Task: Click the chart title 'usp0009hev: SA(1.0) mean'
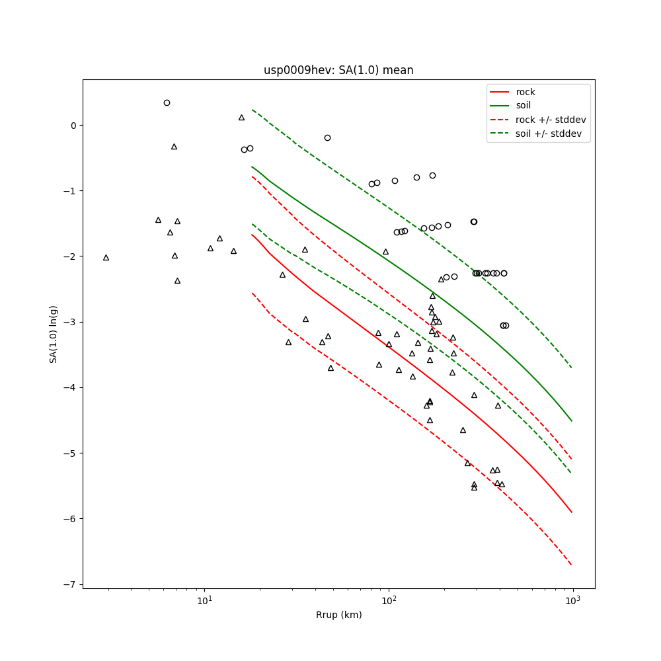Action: pos(338,70)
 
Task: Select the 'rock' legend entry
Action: pos(525,92)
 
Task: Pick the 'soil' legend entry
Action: pos(524,106)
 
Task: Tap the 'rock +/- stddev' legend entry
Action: pos(551,120)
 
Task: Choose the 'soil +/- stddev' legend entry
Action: pos(551,134)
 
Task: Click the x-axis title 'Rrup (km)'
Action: pos(338,615)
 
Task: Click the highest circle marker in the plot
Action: pos(167,102)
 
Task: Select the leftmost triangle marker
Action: pos(106,258)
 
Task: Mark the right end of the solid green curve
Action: pos(572,421)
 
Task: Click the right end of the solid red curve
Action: pos(572,512)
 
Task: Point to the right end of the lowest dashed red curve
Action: pos(572,565)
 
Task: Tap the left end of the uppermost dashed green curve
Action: pos(252,110)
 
